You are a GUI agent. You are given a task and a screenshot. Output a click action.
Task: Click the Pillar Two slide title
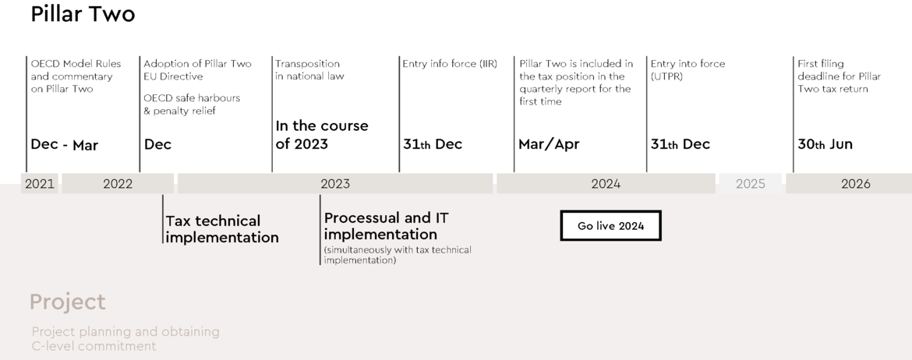[x=83, y=14]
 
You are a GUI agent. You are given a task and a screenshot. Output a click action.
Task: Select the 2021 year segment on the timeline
[x=40, y=184]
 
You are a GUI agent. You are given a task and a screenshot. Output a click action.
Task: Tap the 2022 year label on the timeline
[x=118, y=184]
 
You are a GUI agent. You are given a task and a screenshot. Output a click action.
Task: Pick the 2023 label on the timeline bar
[x=335, y=184]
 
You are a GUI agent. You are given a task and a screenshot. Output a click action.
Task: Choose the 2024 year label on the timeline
[x=606, y=184]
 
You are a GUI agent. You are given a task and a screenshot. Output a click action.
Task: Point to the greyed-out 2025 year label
[x=751, y=184]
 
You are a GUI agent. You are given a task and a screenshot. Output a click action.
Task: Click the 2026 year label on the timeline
[x=856, y=184]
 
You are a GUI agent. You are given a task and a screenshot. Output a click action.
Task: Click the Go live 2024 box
[x=610, y=226]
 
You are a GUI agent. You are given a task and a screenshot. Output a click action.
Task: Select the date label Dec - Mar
[x=64, y=145]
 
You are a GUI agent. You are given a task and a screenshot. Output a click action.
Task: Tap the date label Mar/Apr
[x=549, y=144]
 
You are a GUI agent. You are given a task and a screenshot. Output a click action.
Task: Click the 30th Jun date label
[x=825, y=144]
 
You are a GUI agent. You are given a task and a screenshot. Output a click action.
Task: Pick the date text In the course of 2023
[x=322, y=135]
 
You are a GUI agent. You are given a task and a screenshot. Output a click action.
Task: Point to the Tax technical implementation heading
[x=222, y=229]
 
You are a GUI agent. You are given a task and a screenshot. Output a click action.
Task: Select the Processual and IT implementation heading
[x=386, y=226]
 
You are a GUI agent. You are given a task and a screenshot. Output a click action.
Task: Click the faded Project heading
[x=68, y=302]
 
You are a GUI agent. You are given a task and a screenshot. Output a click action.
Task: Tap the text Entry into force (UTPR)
[x=688, y=70]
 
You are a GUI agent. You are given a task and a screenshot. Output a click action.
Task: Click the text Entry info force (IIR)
[x=450, y=64]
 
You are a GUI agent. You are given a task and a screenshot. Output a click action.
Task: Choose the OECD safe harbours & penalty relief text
[x=192, y=104]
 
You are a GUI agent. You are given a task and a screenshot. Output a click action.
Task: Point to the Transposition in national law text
[x=309, y=70]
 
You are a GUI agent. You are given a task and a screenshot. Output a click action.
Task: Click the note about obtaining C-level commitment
[x=125, y=339]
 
